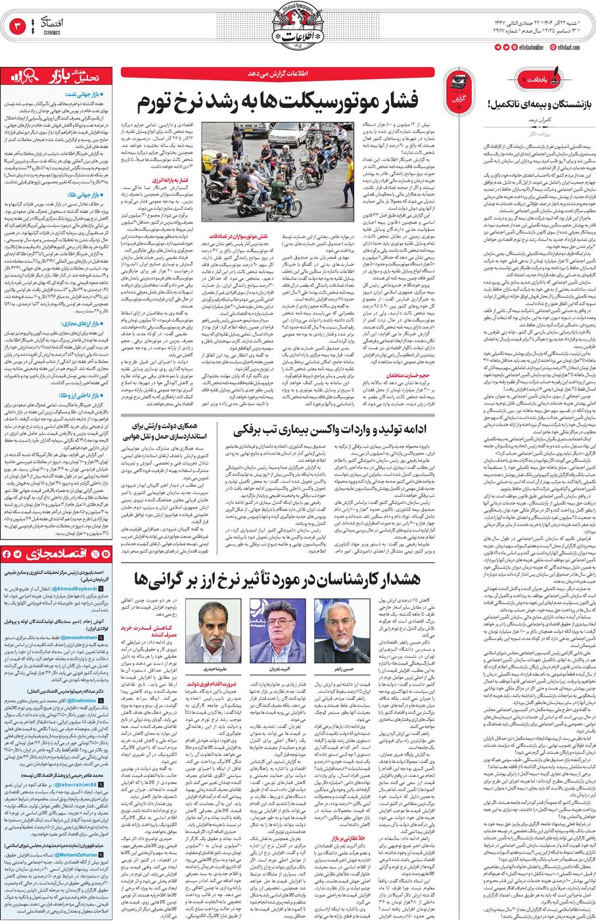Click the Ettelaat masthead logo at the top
point(298,26)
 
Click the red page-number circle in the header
point(16,27)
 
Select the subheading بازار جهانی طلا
point(84,195)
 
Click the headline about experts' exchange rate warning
point(277,580)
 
